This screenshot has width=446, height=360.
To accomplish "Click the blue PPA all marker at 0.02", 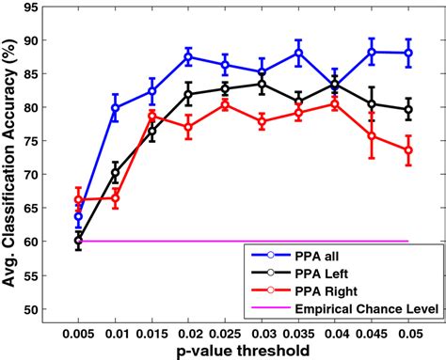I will pyautogui.click(x=188, y=57).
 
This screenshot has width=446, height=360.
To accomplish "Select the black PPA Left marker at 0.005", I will pyautogui.click(x=79, y=241).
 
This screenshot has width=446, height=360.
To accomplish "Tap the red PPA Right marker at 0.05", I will pyautogui.click(x=407, y=150).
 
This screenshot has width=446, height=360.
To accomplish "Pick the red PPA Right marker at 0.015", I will pyautogui.click(x=152, y=116).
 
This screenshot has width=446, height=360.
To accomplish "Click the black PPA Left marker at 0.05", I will pyautogui.click(x=407, y=109).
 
